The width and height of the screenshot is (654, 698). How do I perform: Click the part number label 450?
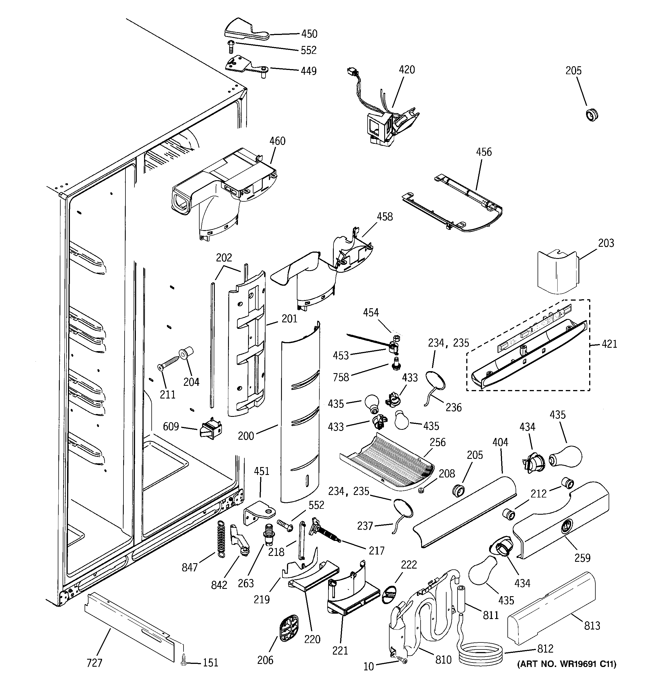pos(309,34)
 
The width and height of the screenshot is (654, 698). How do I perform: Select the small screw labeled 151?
pos(183,662)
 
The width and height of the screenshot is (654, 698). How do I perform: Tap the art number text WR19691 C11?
pos(567,664)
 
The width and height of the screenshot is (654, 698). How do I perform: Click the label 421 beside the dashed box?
pos(609,344)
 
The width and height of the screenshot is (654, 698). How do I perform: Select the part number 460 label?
pos(277,141)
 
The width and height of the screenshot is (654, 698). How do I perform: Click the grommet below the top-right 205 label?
pos(592,115)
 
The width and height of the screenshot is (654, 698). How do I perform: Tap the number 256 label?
pos(438,442)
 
